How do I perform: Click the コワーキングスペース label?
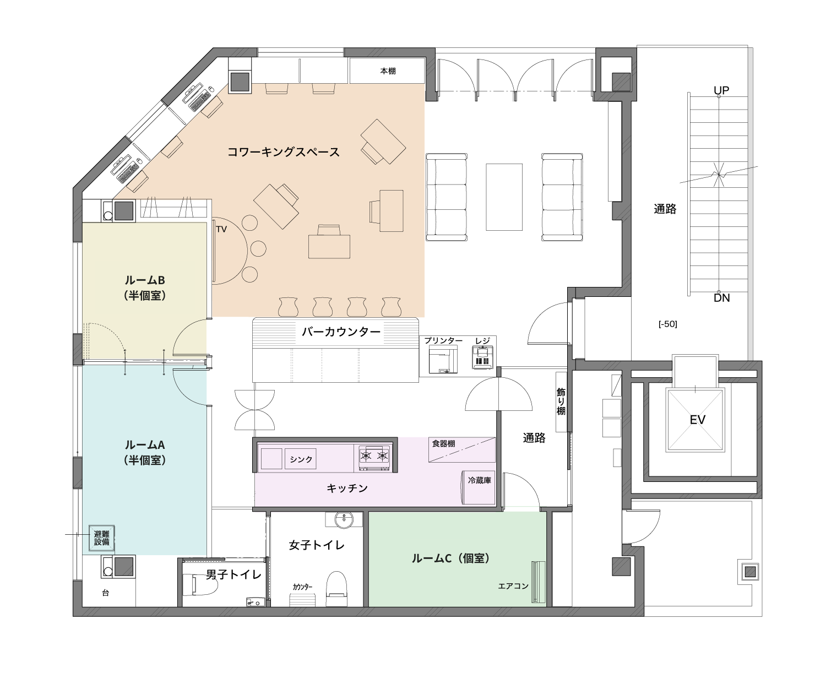click(283, 152)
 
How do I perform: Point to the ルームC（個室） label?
click(451, 558)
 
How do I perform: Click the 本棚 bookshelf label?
click(388, 71)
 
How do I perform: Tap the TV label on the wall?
click(221, 229)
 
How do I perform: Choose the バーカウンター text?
click(341, 332)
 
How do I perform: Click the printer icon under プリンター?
click(443, 360)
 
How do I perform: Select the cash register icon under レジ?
click(482, 357)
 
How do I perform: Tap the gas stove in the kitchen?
click(374, 458)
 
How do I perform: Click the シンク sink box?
click(301, 459)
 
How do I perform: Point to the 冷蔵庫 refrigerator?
click(479, 487)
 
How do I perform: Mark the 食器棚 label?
click(443, 443)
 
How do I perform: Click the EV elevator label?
click(697, 420)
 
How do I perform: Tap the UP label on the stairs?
click(721, 90)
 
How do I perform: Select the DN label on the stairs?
click(721, 297)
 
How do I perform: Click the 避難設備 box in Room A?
click(101, 538)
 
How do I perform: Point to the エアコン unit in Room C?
click(538, 581)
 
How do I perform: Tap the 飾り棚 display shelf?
click(561, 402)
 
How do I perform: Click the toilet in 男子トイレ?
click(200, 585)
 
